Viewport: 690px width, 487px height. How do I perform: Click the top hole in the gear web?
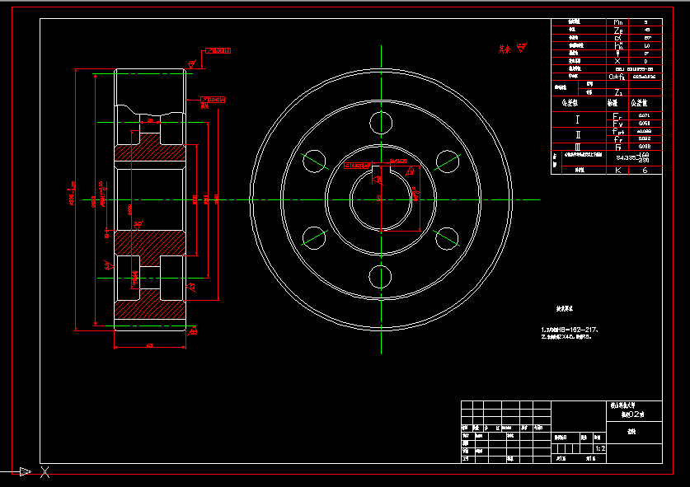tap(382, 123)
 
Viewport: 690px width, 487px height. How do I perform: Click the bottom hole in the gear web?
tap(382, 276)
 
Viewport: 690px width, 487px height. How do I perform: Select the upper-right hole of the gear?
tap(448, 161)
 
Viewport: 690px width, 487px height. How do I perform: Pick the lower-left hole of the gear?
tap(315, 237)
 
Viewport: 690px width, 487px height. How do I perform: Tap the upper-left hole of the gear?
tap(315, 161)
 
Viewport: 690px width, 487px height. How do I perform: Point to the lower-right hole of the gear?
tap(448, 238)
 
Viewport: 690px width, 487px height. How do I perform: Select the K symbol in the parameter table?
tap(618, 170)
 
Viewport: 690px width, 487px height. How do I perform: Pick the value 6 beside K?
tap(645, 170)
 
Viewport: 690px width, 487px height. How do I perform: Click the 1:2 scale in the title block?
tap(600, 449)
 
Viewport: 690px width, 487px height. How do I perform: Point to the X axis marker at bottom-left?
tap(45, 472)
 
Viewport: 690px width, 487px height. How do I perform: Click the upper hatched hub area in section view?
tap(148, 148)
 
